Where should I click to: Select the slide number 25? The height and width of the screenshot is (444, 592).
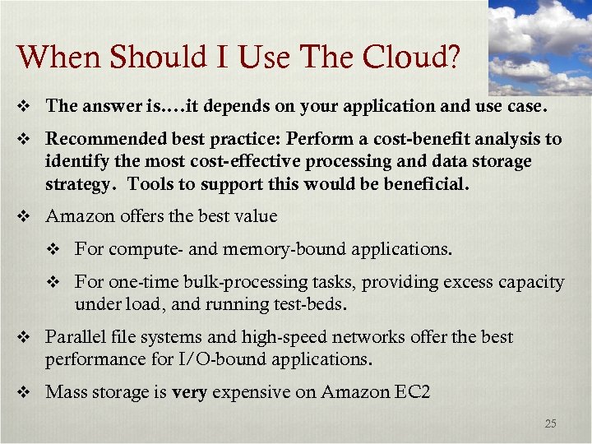(550, 424)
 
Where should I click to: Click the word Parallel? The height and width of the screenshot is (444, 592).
(75, 337)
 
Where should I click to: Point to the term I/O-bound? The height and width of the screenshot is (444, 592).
(231, 359)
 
